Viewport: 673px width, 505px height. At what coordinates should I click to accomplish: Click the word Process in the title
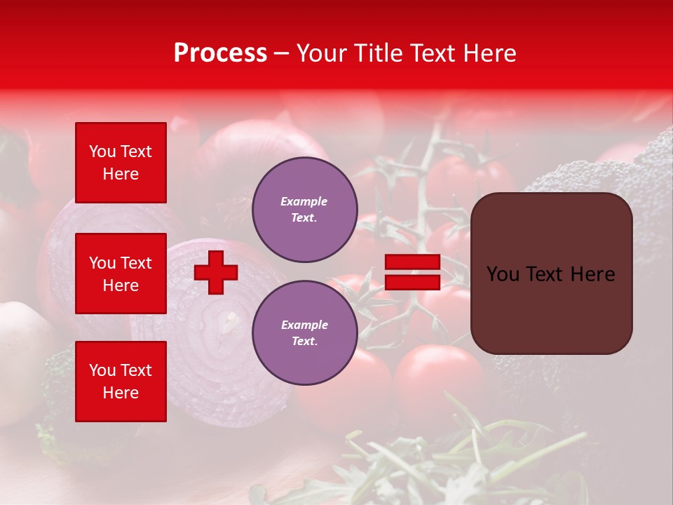(x=220, y=53)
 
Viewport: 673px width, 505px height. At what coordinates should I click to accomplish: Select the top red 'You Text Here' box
(x=121, y=163)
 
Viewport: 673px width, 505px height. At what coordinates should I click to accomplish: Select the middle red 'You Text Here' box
(x=121, y=274)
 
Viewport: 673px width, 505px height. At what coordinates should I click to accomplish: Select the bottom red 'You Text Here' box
(x=121, y=382)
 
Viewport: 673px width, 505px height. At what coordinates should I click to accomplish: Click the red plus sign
(x=216, y=272)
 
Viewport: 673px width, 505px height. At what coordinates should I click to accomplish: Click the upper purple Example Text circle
(x=304, y=210)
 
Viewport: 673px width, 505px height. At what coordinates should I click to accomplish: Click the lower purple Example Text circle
(x=304, y=332)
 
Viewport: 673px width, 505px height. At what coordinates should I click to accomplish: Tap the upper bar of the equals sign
(x=412, y=262)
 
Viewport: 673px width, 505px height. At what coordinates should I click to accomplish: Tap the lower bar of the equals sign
(x=412, y=282)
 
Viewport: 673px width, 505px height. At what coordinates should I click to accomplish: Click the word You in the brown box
(x=503, y=274)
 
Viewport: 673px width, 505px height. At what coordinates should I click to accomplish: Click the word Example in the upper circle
(x=304, y=201)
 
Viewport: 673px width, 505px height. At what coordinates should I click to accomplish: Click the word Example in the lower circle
(x=304, y=325)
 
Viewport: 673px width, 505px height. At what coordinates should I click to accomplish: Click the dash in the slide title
(x=281, y=54)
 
